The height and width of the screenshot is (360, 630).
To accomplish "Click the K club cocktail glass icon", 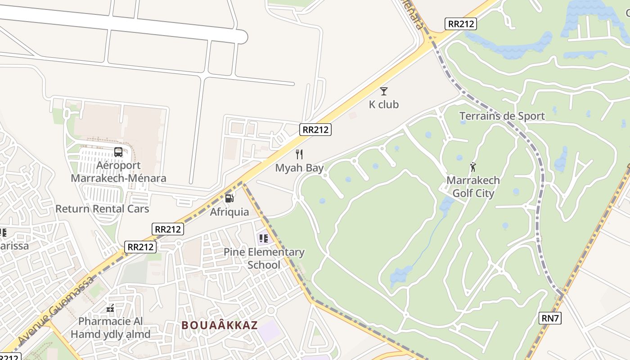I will coord(383,91).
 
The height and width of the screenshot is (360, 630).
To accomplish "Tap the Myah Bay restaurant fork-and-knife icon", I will coord(299,154).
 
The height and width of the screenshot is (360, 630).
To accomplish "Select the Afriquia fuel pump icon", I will coord(229,198).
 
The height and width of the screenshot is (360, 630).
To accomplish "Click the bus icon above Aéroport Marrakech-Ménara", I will coord(118,152).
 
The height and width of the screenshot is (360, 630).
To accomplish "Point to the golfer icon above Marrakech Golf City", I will coord(472,167).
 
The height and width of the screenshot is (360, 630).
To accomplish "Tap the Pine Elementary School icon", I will coord(263,238).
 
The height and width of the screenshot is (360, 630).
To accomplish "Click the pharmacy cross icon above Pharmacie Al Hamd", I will coord(110,308).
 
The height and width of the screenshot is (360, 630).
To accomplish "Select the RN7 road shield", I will coord(550,318).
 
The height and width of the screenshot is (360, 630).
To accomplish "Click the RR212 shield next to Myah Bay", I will coord(315,130).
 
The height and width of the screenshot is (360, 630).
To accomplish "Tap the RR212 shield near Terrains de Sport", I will coord(460,24).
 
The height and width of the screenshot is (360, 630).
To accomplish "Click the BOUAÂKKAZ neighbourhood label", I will coord(220,325).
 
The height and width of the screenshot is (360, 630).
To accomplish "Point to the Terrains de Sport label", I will coord(502,116).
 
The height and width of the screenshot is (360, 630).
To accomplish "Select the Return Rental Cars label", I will coord(102,209).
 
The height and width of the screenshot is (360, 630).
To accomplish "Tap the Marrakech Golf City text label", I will coord(473,187).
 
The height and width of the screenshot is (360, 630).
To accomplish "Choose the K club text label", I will coord(384,104).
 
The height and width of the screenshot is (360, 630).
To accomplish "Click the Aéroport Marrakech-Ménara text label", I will coord(118,171).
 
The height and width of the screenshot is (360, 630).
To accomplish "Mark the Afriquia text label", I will coord(229,211).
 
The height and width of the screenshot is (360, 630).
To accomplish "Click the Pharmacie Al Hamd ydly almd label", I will coord(110,328).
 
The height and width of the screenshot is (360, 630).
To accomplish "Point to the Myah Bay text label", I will coord(299,168).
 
